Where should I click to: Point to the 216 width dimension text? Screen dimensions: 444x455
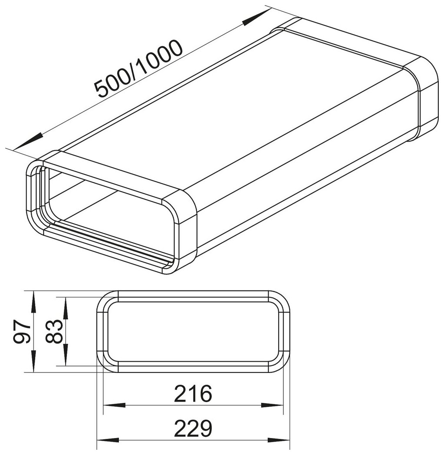(193, 393)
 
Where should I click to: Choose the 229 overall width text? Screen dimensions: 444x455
(193, 428)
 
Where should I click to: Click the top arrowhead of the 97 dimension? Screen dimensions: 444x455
(34, 302)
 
